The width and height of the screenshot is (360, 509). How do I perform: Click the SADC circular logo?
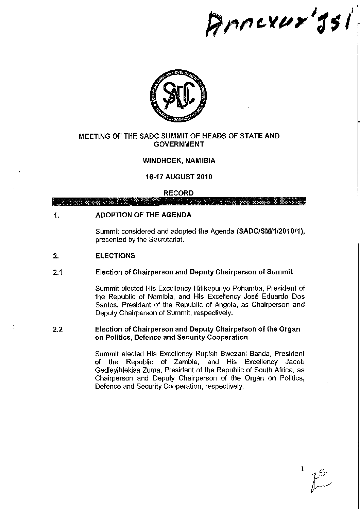click(x=179, y=96)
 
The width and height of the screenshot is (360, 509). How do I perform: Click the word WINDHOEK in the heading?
click(x=161, y=160)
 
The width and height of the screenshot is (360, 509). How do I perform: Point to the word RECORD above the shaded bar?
click(x=179, y=193)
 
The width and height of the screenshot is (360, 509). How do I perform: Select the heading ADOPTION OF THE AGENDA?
click(x=143, y=215)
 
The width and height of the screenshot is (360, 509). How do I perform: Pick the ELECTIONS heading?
click(x=115, y=256)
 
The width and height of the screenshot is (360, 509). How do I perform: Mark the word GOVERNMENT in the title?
click(x=179, y=144)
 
